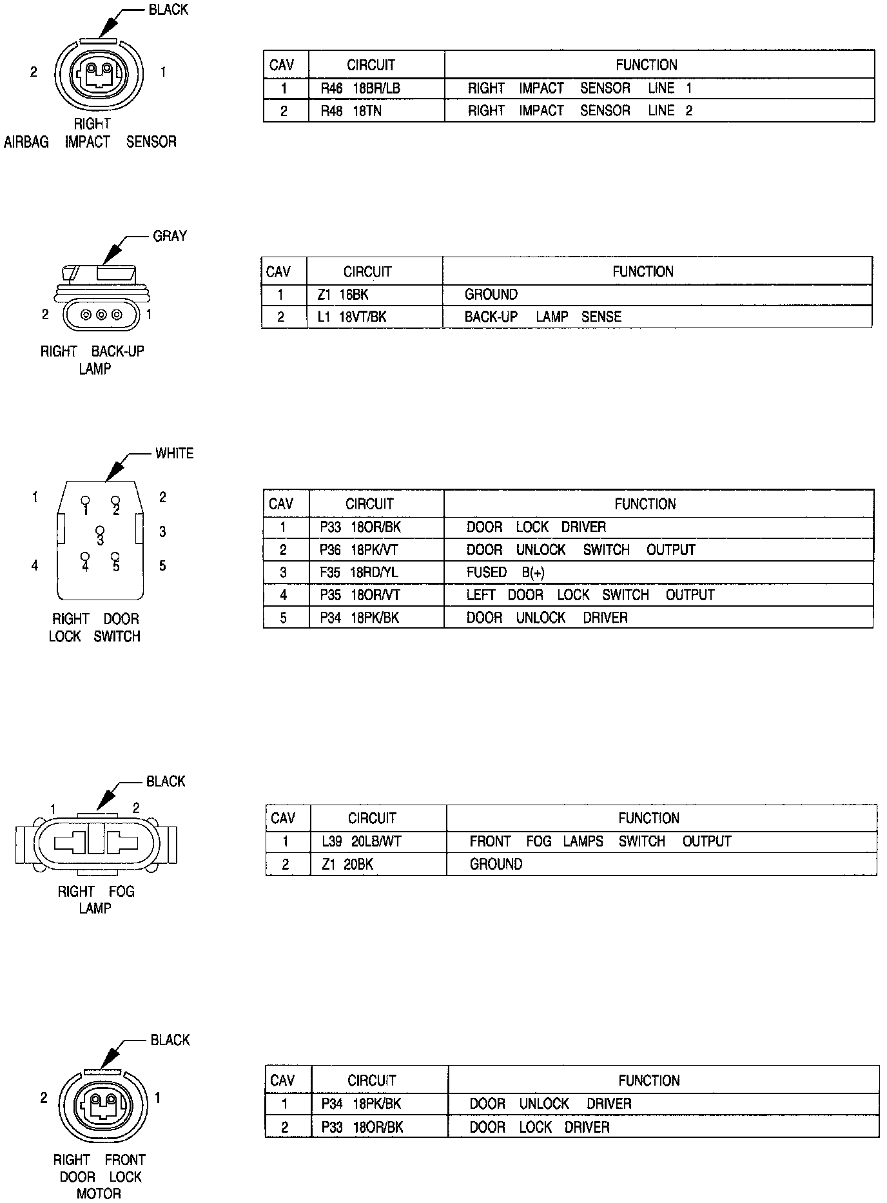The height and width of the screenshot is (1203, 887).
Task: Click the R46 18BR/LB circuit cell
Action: pyautogui.click(x=360, y=88)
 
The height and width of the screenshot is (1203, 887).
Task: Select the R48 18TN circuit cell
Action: pyautogui.click(x=351, y=111)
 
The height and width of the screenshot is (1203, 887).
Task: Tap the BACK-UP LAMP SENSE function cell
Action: pyautogui.click(x=543, y=317)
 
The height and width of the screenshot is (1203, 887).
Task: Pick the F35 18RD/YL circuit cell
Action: pyautogui.click(x=358, y=572)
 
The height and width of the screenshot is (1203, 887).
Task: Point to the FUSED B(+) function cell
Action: pyautogui.click(x=505, y=572)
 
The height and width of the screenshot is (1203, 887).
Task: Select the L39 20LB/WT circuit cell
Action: pyautogui.click(x=361, y=841)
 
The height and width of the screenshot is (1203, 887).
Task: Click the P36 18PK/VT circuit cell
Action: pyautogui.click(x=360, y=550)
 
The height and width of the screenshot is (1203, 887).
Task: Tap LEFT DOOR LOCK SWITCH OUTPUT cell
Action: pyautogui.click(x=590, y=595)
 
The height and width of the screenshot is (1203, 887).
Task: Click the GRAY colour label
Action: pyautogui.click(x=170, y=237)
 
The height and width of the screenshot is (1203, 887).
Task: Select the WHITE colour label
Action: pyautogui.click(x=174, y=453)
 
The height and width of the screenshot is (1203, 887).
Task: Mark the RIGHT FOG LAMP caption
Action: pyautogui.click(x=95, y=900)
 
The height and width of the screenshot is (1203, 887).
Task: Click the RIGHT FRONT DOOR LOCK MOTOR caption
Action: pyautogui.click(x=99, y=1177)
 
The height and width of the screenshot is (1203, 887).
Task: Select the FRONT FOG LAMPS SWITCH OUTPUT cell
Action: pyautogui.click(x=600, y=841)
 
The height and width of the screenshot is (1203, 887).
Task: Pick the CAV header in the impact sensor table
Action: pyautogui.click(x=282, y=65)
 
